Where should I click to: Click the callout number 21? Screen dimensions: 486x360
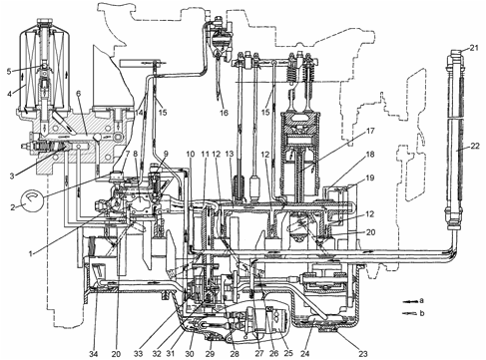click(474, 48)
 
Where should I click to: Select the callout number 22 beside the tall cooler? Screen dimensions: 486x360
click(475, 146)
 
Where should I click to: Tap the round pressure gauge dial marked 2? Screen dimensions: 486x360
click(32, 199)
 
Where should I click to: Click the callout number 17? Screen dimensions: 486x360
click(370, 131)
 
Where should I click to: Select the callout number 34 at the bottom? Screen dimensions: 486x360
click(94, 354)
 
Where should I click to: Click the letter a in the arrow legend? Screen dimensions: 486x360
click(421, 301)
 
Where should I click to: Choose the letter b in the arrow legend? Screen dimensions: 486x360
click(422, 313)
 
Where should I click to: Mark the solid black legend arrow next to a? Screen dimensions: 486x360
click(409, 301)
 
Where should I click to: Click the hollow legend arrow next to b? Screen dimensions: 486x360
click(409, 313)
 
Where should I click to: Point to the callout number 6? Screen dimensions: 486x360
click(79, 94)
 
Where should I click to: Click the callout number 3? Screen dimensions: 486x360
click(12, 176)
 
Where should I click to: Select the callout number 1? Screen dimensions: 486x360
click(31, 254)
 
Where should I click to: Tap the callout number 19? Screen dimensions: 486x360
click(370, 179)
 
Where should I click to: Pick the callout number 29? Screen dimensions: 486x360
click(210, 354)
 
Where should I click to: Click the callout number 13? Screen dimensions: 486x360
click(230, 154)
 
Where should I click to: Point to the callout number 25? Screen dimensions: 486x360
click(288, 354)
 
